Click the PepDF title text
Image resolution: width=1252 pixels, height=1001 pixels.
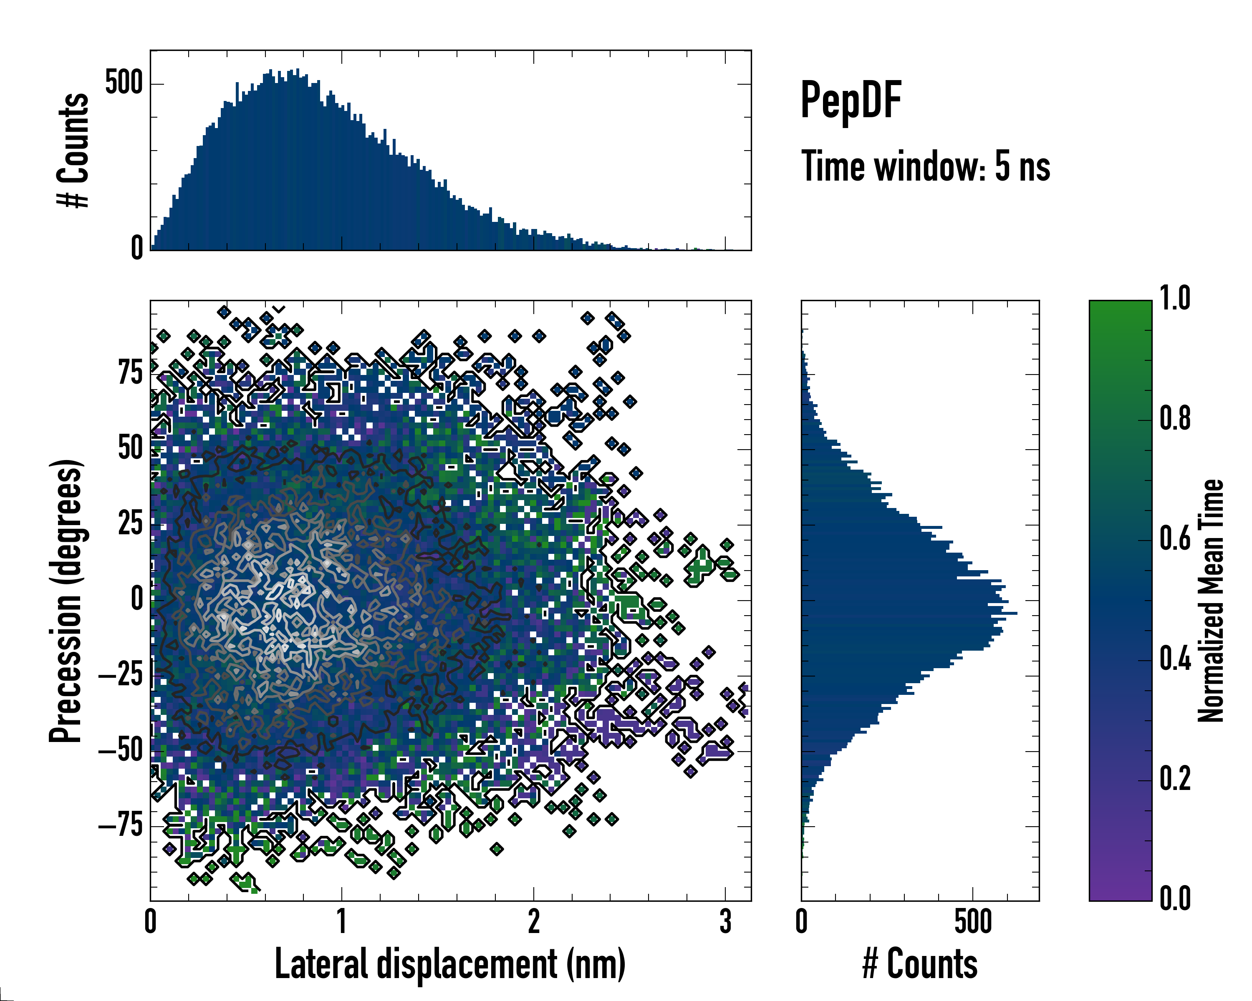pos(851,101)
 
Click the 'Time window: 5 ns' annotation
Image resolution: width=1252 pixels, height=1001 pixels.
pos(925,166)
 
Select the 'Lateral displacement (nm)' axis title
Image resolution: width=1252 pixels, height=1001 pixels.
pos(450,964)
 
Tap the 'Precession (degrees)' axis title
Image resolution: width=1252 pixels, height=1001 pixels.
pos(66,601)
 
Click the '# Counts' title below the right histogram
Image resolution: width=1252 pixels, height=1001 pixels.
pos(920,964)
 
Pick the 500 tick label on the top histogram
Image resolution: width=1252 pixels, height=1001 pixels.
pos(124,83)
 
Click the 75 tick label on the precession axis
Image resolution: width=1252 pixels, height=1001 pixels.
pos(130,373)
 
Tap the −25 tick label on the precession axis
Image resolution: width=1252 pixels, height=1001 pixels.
pos(121,675)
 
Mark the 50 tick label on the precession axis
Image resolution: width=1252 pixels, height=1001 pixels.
pos(130,448)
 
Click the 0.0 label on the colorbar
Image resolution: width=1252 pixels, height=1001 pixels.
pos(1175,898)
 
